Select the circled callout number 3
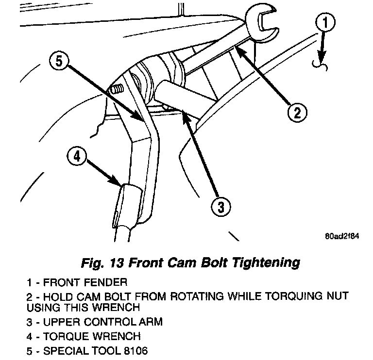220,207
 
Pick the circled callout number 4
77,157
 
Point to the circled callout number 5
59,62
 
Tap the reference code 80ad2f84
342,238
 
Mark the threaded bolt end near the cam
117,90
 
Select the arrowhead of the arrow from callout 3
182,112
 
